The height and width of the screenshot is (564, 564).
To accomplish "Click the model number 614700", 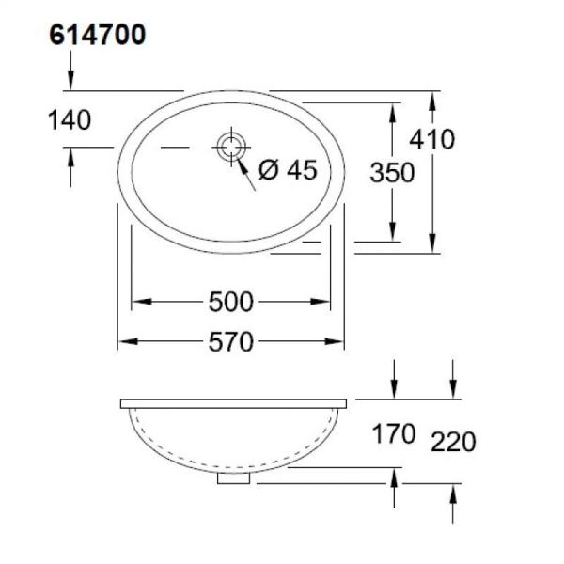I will coord(96,37).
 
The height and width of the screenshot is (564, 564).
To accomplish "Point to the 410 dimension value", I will coord(431,139).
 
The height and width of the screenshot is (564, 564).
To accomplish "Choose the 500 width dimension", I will coord(231,302).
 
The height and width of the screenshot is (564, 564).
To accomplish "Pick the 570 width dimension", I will coord(231,342).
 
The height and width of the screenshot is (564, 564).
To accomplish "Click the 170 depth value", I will coord(392,434).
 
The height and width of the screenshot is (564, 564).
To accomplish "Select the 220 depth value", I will coord(453,441).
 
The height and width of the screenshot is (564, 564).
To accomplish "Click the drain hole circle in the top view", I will coord(230,148).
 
